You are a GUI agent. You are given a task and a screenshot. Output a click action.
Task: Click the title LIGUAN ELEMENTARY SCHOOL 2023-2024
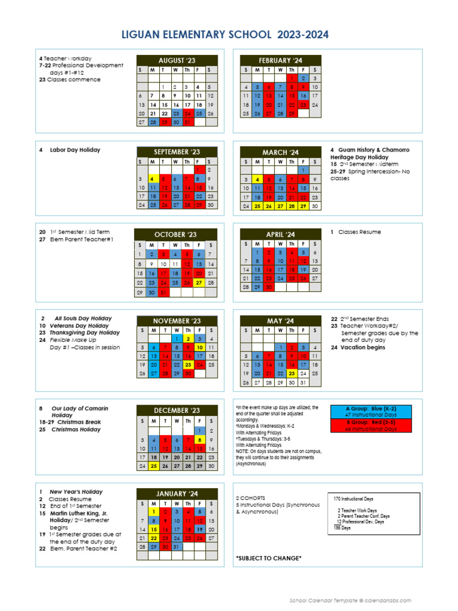(229, 35)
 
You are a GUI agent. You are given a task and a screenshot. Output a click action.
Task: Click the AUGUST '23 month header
(177, 61)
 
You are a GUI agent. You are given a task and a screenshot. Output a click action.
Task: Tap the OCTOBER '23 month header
(175, 234)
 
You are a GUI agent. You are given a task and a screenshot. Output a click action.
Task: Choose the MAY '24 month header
(280, 321)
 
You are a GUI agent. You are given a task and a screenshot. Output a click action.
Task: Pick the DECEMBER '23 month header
(177, 411)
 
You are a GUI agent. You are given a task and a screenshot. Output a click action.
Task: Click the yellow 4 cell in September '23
(152, 179)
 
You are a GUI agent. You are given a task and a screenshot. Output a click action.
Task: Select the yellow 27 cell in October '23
(200, 283)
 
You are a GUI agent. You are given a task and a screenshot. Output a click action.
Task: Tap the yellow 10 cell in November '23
(200, 347)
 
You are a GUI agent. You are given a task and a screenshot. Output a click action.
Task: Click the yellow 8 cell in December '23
(200, 440)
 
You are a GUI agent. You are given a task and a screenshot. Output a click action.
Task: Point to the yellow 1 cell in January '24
(153, 511)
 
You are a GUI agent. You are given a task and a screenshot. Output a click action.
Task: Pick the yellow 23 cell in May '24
(292, 374)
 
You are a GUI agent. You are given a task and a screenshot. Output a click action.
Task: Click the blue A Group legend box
(370, 412)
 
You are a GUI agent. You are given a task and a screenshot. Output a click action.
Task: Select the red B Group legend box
(370, 426)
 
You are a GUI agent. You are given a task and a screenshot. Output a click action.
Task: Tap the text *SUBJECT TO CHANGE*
(268, 558)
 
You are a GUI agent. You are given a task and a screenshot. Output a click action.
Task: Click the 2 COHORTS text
(250, 498)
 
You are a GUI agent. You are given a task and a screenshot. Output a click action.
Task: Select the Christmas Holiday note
(76, 430)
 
